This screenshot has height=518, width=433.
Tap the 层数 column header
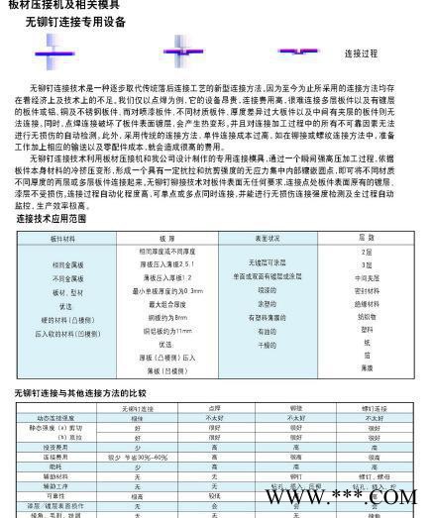(x=367, y=239)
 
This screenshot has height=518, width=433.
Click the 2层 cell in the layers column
(x=366, y=253)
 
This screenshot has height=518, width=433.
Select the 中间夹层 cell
(x=366, y=278)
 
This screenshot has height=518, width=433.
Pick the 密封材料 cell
(x=366, y=291)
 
